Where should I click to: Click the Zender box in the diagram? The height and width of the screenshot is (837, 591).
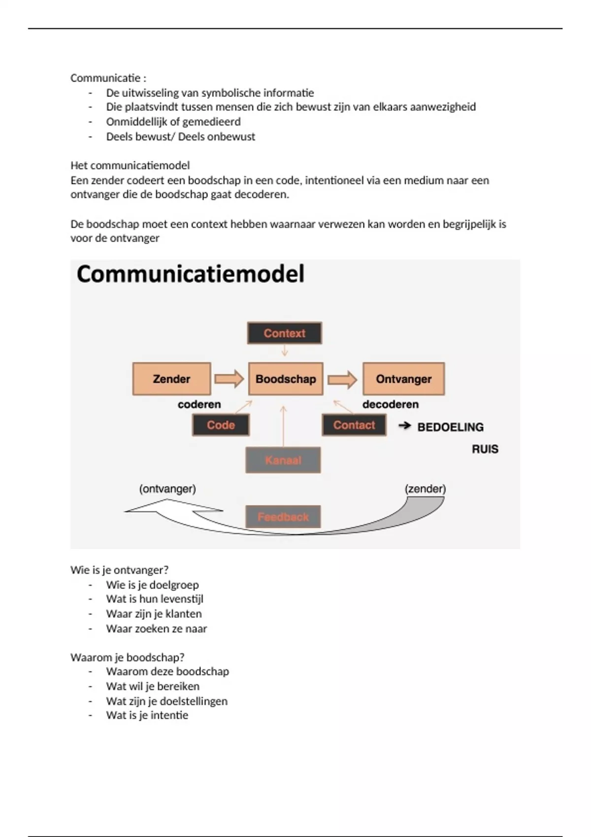tap(171, 379)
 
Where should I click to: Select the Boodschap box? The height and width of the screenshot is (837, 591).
tap(286, 379)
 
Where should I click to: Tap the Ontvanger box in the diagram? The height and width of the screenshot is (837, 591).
tap(403, 379)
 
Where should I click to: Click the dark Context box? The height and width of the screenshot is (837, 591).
tap(284, 333)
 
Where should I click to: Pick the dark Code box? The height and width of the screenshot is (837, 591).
tap(221, 425)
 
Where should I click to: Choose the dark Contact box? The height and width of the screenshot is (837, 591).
tap(354, 425)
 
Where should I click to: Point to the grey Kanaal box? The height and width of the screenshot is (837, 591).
tap(283, 460)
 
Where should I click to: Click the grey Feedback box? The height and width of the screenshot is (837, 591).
tap(283, 516)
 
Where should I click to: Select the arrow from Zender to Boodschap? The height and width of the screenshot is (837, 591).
tap(229, 379)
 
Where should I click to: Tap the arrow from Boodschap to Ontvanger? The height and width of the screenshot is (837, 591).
tap(342, 379)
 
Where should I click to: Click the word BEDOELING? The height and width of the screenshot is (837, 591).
tap(450, 427)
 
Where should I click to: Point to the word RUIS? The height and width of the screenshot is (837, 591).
tap(485, 449)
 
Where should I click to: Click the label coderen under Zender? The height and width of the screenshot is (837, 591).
tap(199, 404)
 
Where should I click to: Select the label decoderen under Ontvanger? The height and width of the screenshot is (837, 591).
tap(391, 404)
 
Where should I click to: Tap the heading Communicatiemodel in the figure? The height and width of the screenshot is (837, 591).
tap(191, 274)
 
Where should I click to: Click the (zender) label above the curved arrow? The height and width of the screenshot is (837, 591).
tap(425, 489)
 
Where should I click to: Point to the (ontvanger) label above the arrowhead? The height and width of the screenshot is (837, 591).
tap(167, 489)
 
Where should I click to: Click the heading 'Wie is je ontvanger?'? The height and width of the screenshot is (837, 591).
tap(119, 570)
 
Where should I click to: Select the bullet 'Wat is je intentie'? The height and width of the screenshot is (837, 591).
tap(147, 715)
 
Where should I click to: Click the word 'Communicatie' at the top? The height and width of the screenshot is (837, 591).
tap(105, 78)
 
